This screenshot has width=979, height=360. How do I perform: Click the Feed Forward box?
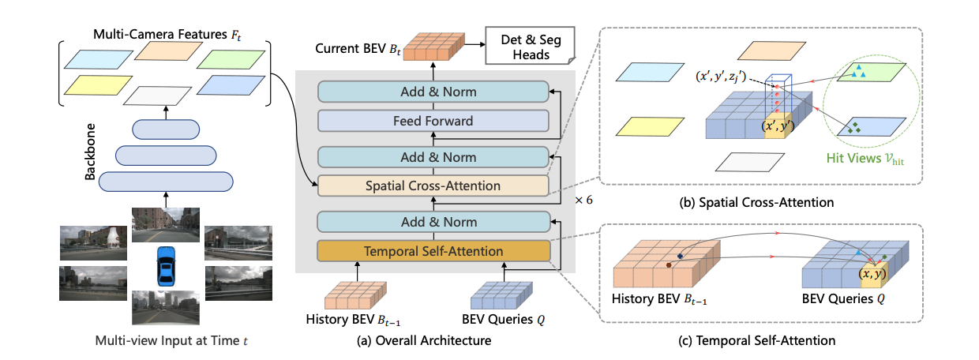click(x=433, y=121)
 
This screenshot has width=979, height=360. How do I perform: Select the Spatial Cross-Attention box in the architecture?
click(x=433, y=186)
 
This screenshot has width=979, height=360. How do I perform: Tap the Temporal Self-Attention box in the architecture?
click(x=433, y=252)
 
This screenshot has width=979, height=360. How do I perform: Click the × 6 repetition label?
click(x=583, y=200)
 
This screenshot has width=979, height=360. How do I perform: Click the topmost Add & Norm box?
click(x=433, y=92)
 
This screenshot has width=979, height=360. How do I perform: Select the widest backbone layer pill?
click(x=166, y=181)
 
